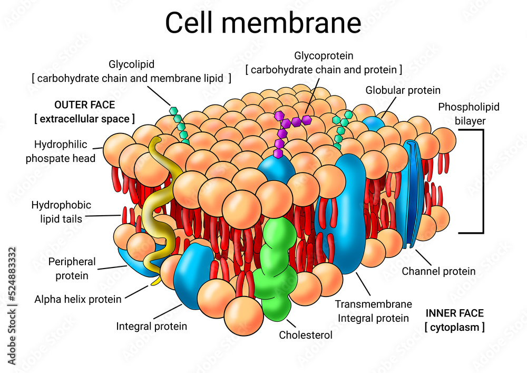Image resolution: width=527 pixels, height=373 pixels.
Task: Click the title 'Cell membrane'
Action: point(263,23)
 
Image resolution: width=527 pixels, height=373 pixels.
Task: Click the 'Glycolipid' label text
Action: point(131,65)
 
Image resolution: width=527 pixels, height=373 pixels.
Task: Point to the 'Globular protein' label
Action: point(403,90)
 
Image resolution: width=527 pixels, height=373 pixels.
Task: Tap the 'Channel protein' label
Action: point(438,271)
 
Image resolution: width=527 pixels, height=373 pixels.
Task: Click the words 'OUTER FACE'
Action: point(84,104)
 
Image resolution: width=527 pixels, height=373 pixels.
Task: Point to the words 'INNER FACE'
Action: point(454,313)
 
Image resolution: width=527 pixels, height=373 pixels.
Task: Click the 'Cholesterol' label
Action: point(306,334)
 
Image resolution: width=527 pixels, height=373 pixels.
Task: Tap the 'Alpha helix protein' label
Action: point(78,299)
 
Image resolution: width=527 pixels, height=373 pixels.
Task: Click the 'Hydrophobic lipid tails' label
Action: point(61,212)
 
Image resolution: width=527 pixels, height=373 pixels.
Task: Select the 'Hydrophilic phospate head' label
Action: point(61,151)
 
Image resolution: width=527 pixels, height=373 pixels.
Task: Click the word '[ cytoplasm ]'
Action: point(454,327)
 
